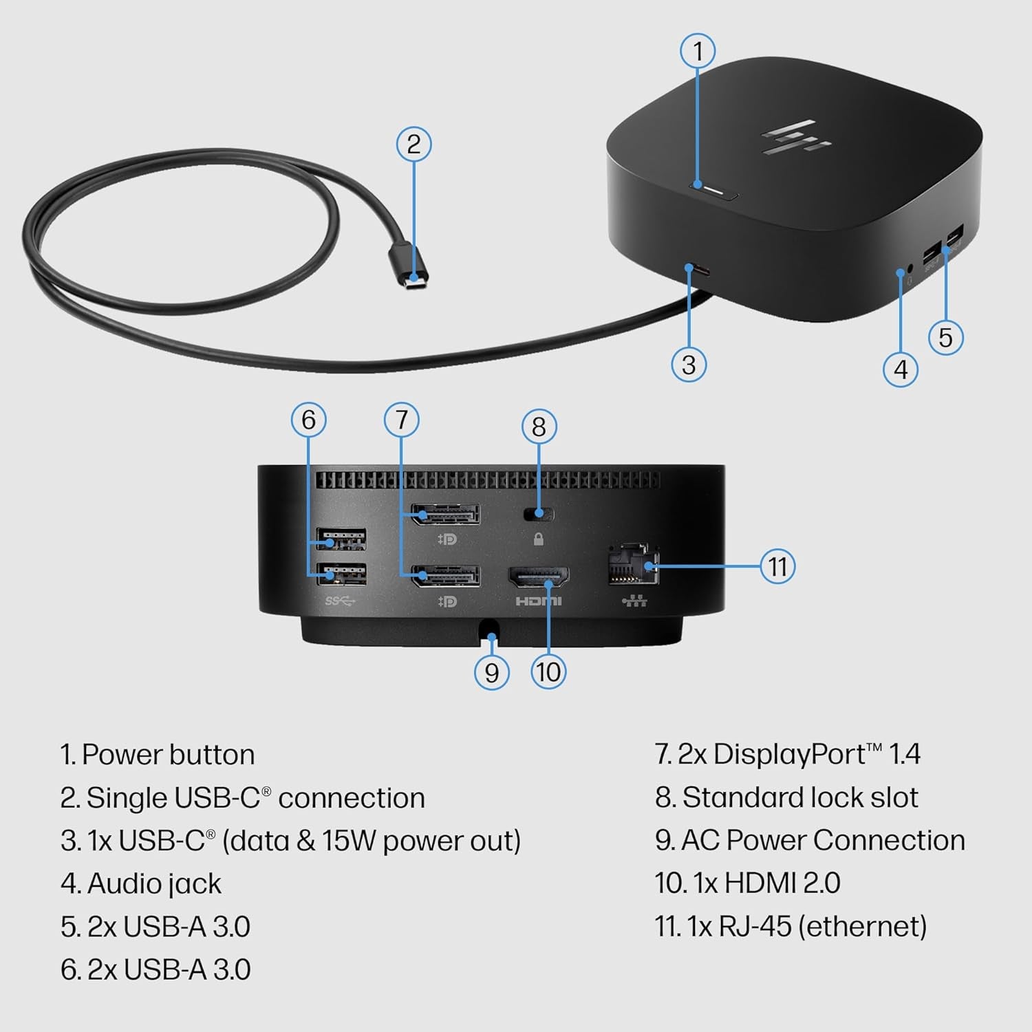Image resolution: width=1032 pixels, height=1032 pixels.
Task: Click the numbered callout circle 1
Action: [698, 51]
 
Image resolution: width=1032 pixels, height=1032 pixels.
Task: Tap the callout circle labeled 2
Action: [413, 144]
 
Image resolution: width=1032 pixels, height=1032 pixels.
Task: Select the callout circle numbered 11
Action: [777, 566]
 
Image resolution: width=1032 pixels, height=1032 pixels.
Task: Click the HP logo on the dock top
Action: [796, 137]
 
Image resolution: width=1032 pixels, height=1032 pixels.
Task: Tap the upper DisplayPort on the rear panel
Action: [445, 514]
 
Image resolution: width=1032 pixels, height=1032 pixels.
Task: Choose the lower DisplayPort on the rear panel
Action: [445, 576]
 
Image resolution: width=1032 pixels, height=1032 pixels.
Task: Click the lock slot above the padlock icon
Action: [539, 513]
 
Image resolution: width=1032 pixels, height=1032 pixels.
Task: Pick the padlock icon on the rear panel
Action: [539, 539]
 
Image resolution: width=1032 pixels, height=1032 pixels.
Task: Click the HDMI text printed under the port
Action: [539, 601]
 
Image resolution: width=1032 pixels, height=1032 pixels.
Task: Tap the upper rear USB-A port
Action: [341, 539]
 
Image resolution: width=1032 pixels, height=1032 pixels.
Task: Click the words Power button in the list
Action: [168, 755]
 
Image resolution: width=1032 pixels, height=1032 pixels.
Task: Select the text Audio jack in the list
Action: [154, 884]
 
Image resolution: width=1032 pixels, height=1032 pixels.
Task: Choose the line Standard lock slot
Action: [799, 797]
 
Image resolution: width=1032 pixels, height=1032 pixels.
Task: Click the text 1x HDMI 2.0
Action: [766, 883]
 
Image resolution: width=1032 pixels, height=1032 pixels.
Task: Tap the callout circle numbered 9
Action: [491, 672]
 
